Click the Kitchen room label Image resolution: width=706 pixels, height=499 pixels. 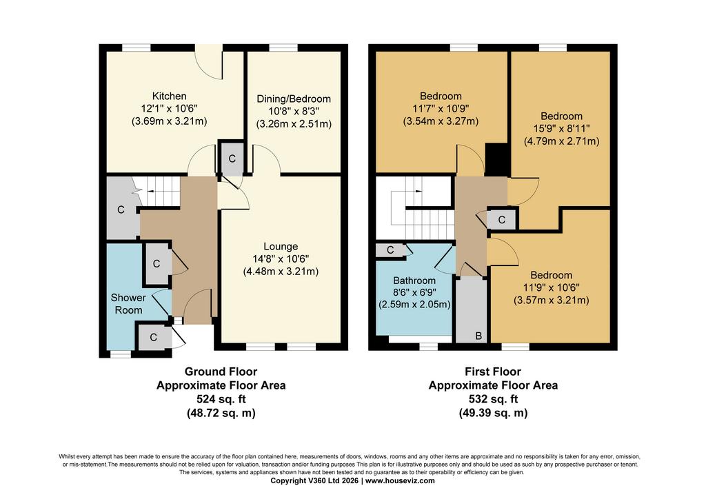[169, 96]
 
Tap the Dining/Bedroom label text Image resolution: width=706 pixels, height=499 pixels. [294, 99]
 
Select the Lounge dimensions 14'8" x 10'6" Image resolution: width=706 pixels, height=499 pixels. [281, 258]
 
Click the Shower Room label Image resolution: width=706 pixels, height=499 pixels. [128, 304]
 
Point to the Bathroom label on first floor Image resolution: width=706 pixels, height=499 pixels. [414, 281]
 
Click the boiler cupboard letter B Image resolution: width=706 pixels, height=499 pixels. [478, 336]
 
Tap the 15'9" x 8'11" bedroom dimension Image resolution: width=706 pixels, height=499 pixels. [561, 128]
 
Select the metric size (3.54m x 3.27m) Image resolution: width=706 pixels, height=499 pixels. [441, 121]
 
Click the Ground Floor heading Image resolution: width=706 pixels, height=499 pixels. [221, 371]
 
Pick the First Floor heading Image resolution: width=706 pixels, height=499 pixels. [493, 371]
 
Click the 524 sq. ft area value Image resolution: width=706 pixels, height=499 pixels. [221, 399]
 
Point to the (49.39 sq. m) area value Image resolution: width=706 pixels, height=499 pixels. [493, 413]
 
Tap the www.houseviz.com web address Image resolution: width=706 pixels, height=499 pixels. [400, 480]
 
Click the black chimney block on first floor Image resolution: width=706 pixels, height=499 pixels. [496, 159]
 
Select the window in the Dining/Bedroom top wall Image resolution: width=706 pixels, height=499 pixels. [283, 48]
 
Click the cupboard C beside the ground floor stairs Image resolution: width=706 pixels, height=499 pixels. [121, 210]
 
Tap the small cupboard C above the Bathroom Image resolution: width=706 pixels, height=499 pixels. [390, 250]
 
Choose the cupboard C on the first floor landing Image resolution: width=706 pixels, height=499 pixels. [502, 220]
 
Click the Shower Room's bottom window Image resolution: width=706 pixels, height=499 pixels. [120, 354]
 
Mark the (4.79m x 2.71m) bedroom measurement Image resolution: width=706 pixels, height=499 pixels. [561, 141]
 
